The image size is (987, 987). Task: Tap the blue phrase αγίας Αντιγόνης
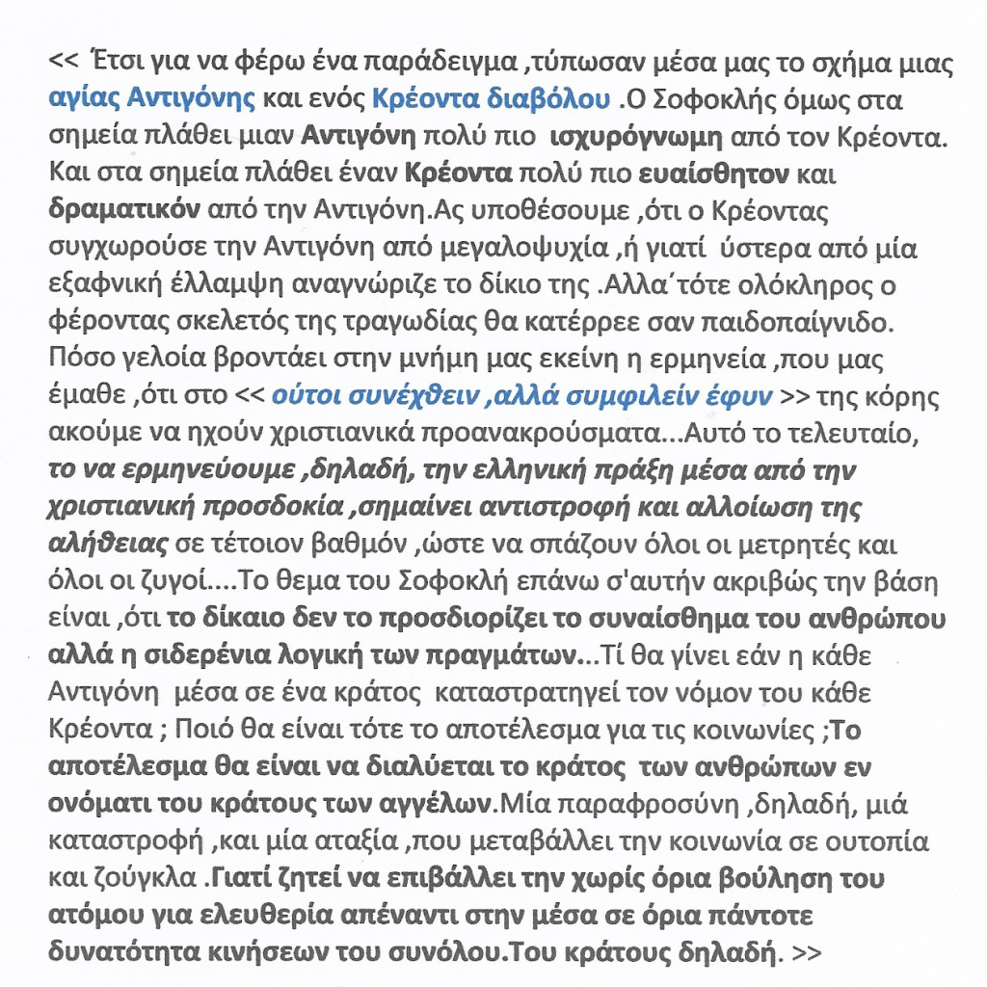152,98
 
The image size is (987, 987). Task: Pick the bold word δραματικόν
122,210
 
